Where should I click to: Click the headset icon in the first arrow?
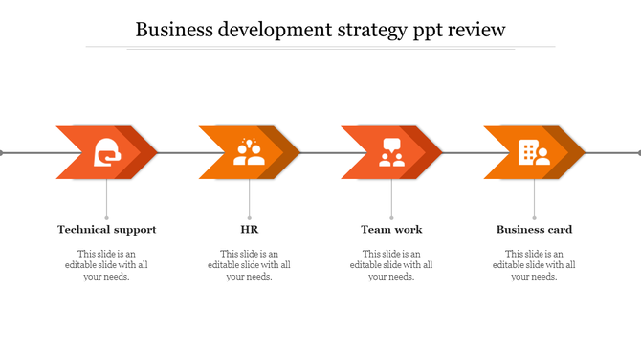pos(107,152)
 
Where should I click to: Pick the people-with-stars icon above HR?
pos(249,152)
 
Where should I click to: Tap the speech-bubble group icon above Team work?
pos(391,152)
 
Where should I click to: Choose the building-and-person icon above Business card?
pos(533,152)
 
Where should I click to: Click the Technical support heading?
pos(107,230)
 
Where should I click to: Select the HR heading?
pos(250,230)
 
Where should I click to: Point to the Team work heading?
pos(391,230)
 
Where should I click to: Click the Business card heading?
pos(534,230)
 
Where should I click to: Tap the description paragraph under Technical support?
pos(107,265)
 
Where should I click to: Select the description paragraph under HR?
pos(250,265)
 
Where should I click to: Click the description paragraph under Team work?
pos(391,265)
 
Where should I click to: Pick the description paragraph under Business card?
pos(534,265)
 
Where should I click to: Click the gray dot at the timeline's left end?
pos(2,152)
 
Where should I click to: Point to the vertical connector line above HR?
pos(250,198)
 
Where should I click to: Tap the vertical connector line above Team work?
pos(391,198)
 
